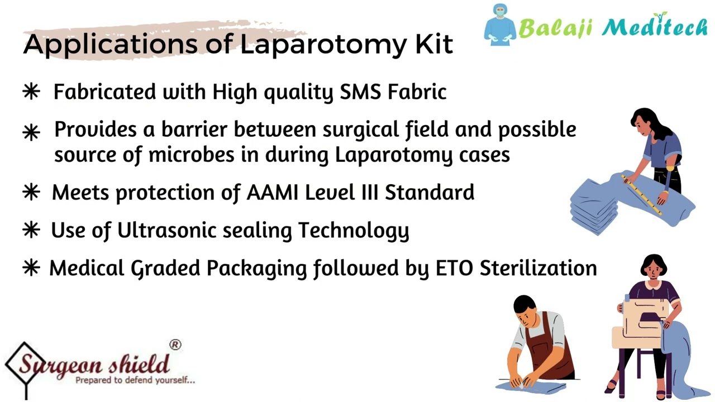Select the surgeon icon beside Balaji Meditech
499,25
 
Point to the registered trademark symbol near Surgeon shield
175,345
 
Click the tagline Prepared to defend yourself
135,380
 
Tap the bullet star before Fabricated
31,92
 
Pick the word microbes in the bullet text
191,155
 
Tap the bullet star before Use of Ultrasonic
31,230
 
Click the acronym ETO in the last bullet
455,268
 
